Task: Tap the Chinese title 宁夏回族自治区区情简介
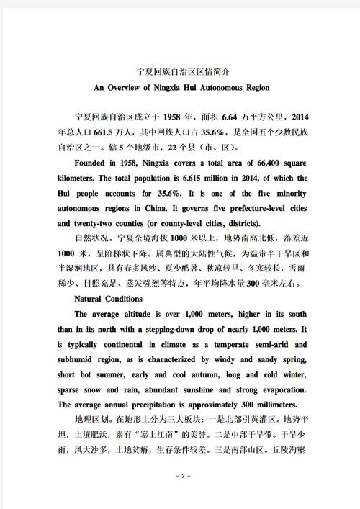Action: tap(180, 72)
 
